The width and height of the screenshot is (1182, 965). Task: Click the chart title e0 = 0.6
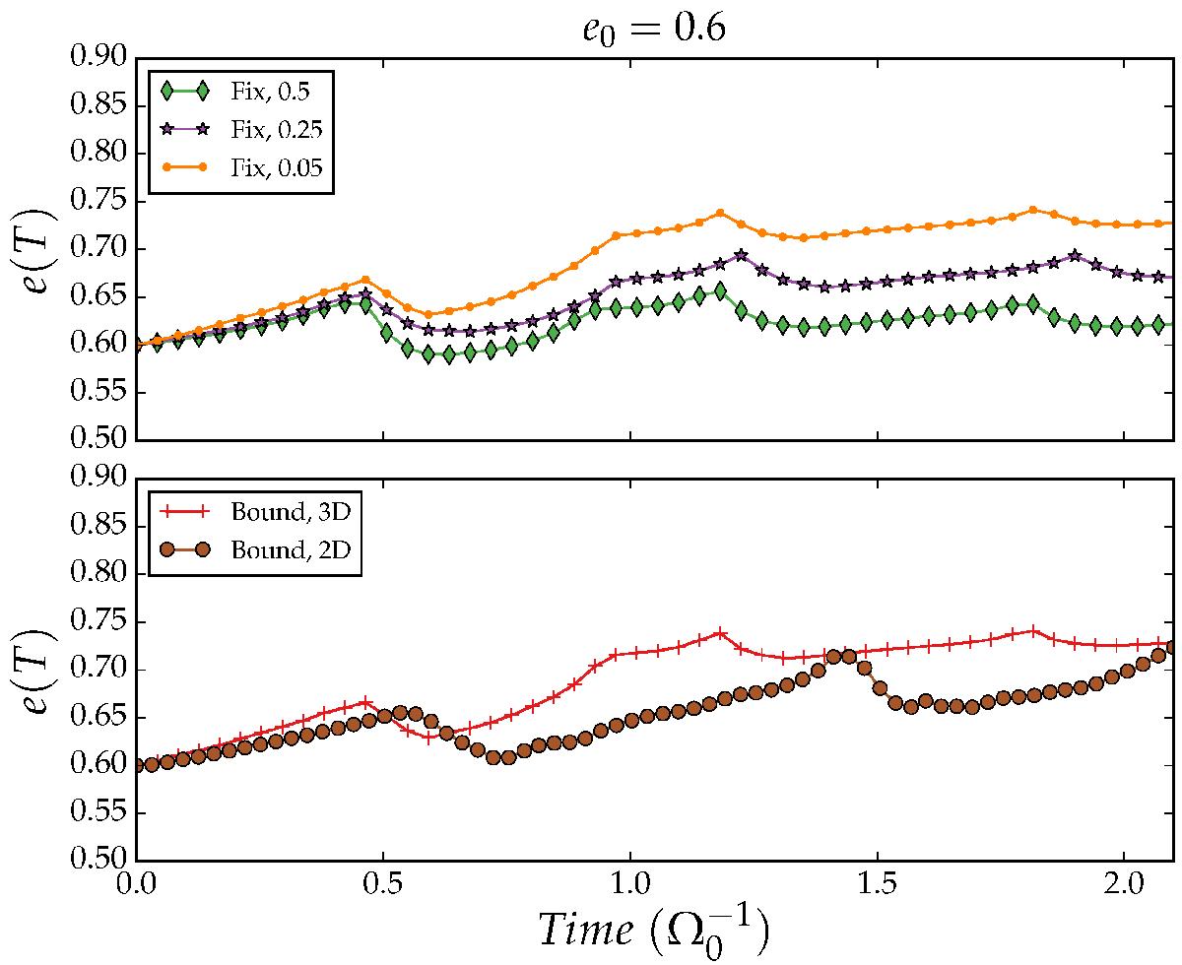[651, 30]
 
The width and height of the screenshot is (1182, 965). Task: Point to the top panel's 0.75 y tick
[99, 202]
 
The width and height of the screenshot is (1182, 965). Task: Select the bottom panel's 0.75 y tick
[99, 622]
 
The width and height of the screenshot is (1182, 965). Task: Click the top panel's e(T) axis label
[33, 250]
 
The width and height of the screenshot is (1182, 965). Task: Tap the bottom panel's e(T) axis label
[33, 670]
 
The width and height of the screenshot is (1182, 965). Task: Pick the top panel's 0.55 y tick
[99, 392]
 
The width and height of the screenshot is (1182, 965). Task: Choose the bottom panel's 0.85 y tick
[99, 527]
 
